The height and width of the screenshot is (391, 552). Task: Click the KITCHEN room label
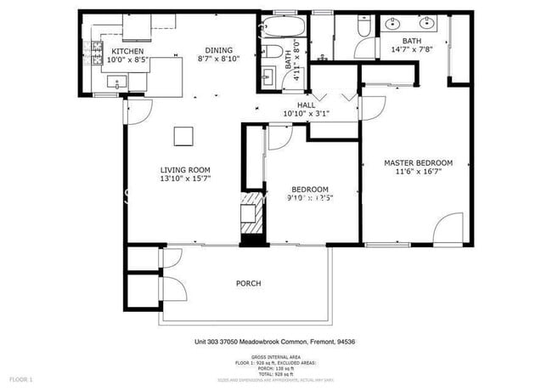click(128, 51)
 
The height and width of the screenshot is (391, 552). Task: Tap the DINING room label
click(219, 49)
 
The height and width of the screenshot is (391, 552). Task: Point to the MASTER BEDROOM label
click(418, 162)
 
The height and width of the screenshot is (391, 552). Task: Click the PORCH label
click(248, 283)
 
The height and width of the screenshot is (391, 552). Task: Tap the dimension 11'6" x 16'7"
click(418, 172)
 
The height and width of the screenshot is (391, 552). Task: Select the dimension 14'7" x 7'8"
click(411, 50)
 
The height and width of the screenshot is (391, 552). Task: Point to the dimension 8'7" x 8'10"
click(219, 59)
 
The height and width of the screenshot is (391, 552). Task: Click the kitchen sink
click(116, 82)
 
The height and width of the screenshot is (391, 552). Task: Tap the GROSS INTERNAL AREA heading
click(279, 356)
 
